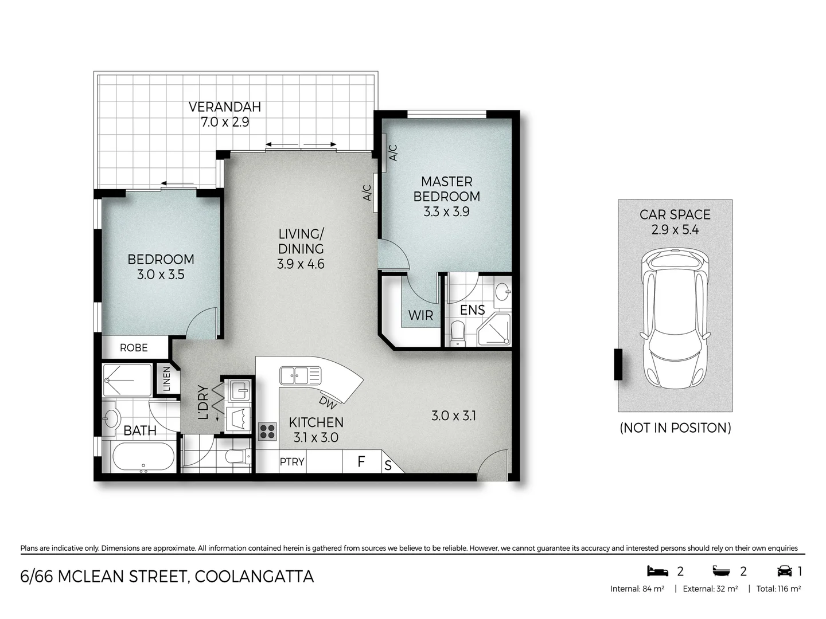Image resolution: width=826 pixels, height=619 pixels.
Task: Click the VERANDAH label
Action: coord(224,107)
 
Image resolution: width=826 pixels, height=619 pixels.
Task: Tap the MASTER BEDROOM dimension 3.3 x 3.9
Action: coord(446,211)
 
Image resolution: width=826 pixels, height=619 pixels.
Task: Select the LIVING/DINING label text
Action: coord(301,241)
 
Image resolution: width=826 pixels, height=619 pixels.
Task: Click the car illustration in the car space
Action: coord(675,318)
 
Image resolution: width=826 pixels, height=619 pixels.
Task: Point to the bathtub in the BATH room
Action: coord(143,457)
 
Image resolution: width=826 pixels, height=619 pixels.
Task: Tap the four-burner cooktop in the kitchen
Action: coord(267,431)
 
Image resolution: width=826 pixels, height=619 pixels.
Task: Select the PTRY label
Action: coord(292,461)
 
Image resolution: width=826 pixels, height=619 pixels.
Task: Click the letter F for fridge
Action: coord(361,461)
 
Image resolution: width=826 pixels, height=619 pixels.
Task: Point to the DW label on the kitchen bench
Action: coord(328,403)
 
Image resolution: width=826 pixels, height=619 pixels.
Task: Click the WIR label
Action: coord(420,315)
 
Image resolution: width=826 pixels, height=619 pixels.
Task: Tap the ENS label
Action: coord(472,310)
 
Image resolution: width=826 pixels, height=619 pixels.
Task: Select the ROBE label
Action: coord(134,347)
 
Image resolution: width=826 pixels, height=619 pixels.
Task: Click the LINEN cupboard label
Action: coord(166,379)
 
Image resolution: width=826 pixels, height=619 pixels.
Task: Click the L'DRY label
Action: coord(202,402)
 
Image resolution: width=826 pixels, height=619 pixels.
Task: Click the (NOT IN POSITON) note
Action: coord(675,428)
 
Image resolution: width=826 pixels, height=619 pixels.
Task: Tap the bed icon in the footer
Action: coord(657,571)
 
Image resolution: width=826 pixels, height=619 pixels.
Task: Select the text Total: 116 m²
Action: coord(778,589)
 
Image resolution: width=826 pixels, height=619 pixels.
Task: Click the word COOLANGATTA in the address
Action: coord(254,576)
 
